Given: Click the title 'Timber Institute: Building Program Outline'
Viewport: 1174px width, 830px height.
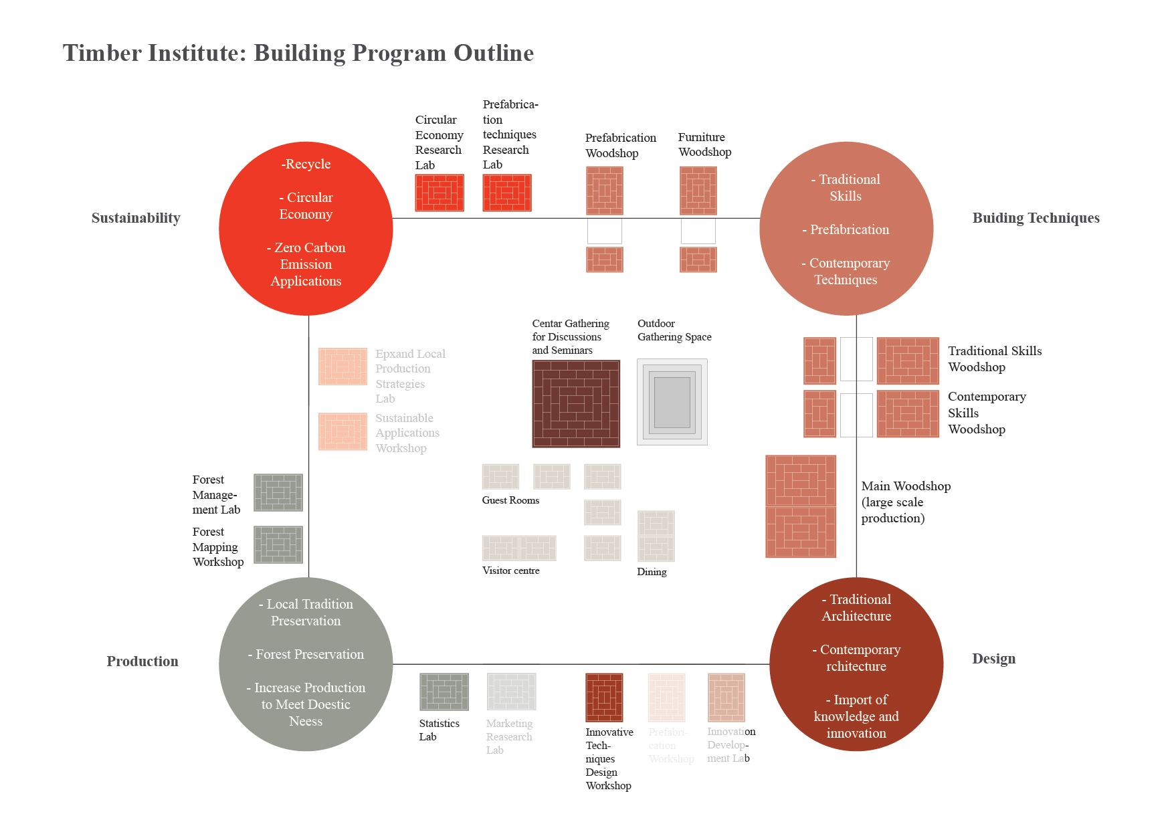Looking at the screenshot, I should pyautogui.click(x=298, y=53).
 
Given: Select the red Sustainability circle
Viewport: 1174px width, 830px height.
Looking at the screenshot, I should pyautogui.click(x=306, y=229).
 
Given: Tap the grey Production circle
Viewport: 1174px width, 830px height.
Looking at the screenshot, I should pyautogui.click(x=306, y=663).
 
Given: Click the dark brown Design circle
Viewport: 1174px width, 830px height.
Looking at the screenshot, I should pyautogui.click(x=856, y=663).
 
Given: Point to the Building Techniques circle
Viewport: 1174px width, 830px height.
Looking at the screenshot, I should pyautogui.click(x=846, y=229).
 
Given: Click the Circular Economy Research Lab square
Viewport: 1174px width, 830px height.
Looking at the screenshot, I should pyautogui.click(x=439, y=193).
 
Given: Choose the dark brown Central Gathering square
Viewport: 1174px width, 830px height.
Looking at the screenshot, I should pyautogui.click(x=576, y=404).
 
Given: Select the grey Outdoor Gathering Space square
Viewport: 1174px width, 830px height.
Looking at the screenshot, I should pyautogui.click(x=672, y=402).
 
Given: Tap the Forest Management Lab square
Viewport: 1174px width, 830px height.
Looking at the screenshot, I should pyautogui.click(x=278, y=493).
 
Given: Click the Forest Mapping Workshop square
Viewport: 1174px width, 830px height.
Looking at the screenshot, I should pyautogui.click(x=278, y=544).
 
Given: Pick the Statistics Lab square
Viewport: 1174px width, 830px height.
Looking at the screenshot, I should pyautogui.click(x=444, y=692).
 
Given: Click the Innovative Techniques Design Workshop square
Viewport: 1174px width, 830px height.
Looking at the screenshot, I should pyautogui.click(x=604, y=698).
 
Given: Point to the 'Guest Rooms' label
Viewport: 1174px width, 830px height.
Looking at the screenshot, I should pyautogui.click(x=510, y=500).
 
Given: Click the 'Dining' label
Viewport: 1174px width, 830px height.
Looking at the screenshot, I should pyautogui.click(x=652, y=572).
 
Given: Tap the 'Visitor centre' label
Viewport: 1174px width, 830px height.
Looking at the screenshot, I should pyautogui.click(x=511, y=570).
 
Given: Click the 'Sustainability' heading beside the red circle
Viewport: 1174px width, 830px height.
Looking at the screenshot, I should pyautogui.click(x=136, y=218).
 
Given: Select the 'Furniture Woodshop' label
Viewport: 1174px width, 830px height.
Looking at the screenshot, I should pyautogui.click(x=704, y=144).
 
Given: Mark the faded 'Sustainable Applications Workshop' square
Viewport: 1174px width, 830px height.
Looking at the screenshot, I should pyautogui.click(x=343, y=431).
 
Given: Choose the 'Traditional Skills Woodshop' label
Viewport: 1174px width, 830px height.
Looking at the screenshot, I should pyautogui.click(x=994, y=359).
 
